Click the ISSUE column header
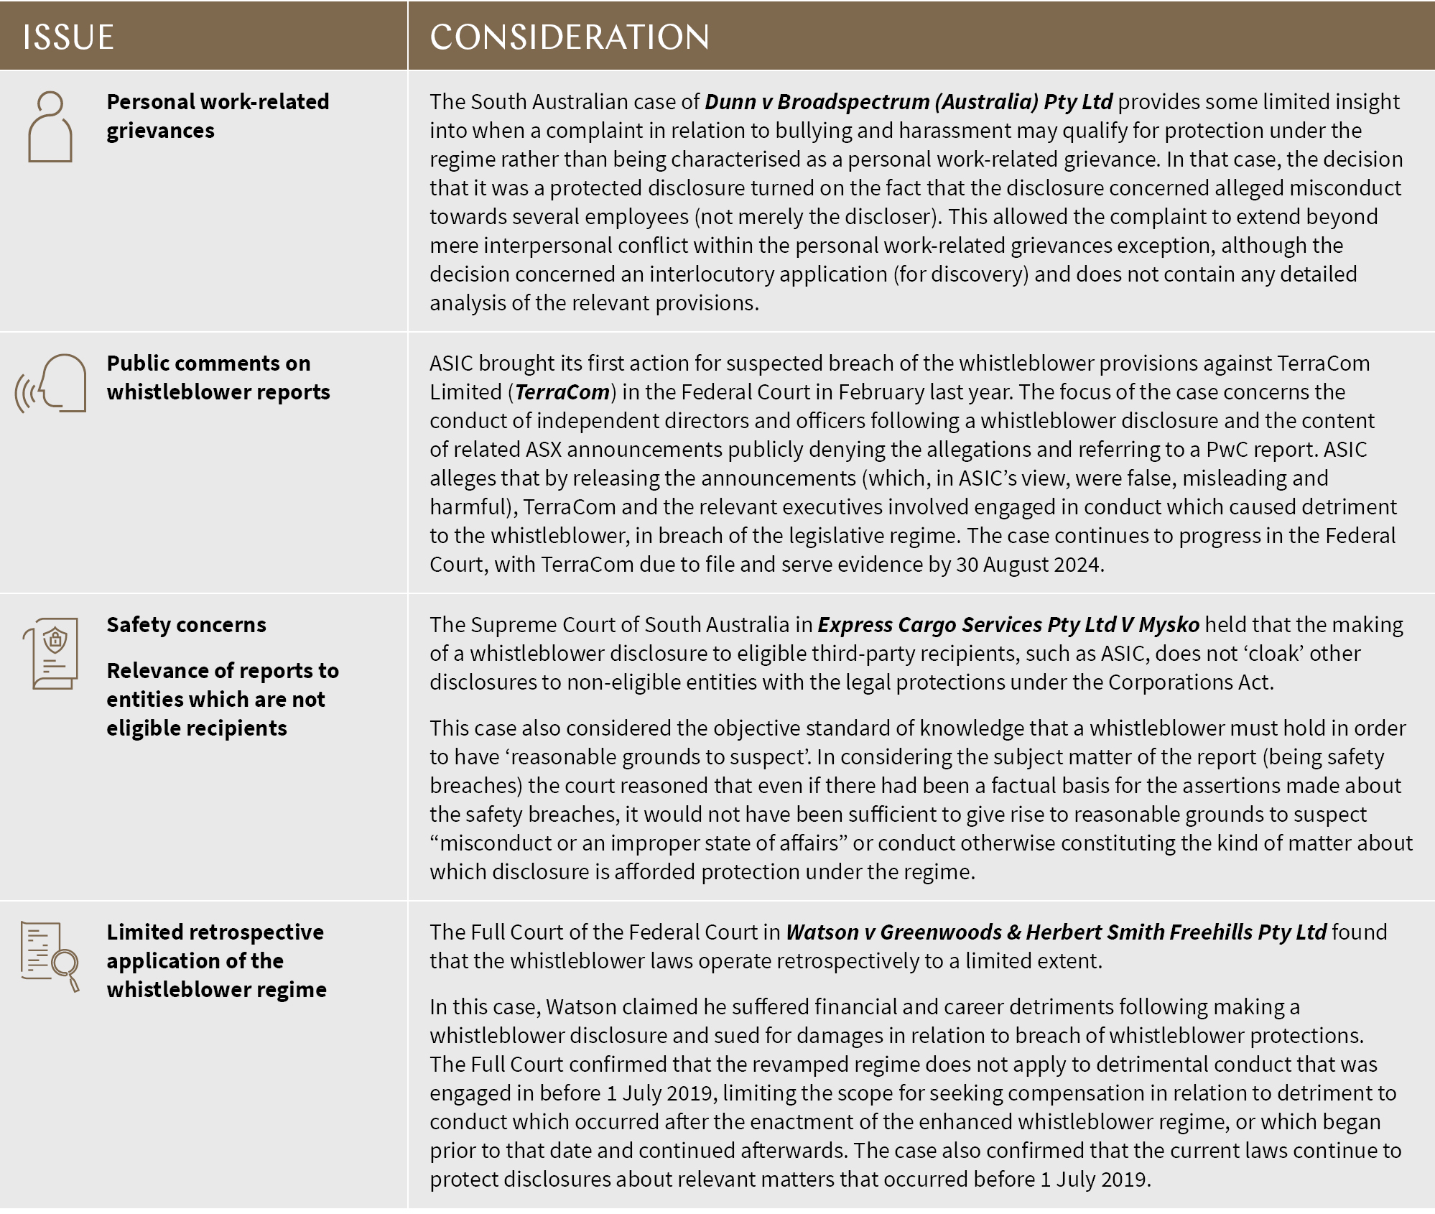coord(68,37)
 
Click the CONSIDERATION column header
coord(569,37)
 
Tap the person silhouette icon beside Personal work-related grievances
coord(50,127)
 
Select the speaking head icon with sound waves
coord(52,384)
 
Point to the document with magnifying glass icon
coord(50,957)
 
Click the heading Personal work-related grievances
coord(217,116)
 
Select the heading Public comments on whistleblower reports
coord(218,377)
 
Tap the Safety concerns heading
coord(186,624)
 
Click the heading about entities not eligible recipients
coord(222,699)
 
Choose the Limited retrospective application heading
coord(216,960)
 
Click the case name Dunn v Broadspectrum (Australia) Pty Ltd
coord(909,102)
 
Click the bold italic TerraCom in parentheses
coord(562,392)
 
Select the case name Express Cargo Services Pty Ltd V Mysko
coord(1008,625)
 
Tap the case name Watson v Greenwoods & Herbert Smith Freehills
coord(1056,932)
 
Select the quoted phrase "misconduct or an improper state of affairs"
coord(638,843)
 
